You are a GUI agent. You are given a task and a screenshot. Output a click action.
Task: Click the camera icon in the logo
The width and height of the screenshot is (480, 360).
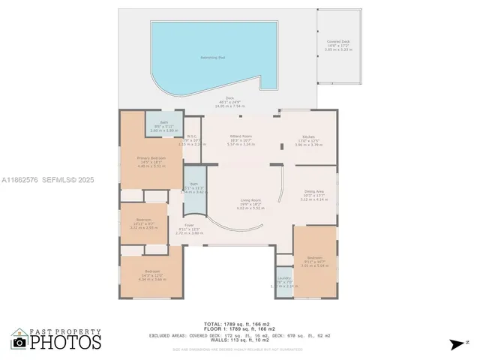19,342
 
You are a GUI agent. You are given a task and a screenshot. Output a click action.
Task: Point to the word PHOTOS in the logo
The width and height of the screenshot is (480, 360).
66,342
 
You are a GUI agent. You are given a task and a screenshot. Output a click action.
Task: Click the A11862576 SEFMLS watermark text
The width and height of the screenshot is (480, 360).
46,180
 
